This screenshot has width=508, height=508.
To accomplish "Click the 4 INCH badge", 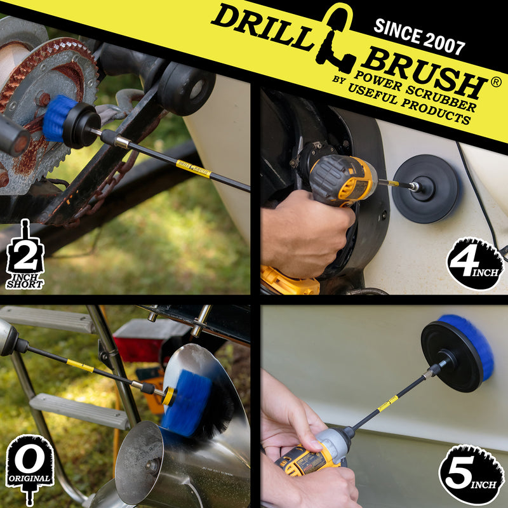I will pyautogui.click(x=474, y=264).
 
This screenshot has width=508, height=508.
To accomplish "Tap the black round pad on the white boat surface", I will pyautogui.click(x=425, y=189).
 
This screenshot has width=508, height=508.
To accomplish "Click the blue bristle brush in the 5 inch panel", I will pyautogui.click(x=476, y=346).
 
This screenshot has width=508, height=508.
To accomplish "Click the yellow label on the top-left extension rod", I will pyautogui.click(x=193, y=169).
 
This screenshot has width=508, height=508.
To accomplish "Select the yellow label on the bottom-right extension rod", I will pyautogui.click(x=388, y=404).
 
